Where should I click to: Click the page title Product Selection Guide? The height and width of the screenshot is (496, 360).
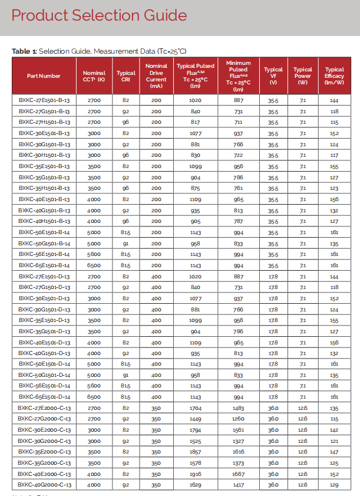click(x=101, y=16)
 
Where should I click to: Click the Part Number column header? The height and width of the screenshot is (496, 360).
click(x=44, y=75)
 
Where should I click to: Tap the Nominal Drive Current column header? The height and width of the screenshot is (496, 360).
click(x=156, y=75)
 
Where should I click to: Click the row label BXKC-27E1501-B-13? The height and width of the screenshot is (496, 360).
click(x=44, y=100)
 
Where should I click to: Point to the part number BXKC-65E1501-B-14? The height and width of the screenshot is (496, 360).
click(x=44, y=265)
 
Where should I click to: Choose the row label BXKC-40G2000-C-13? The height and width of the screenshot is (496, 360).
click(x=44, y=485)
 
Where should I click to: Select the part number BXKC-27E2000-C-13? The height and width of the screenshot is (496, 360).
click(x=44, y=408)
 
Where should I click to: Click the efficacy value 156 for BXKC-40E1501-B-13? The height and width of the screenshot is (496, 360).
click(x=334, y=199)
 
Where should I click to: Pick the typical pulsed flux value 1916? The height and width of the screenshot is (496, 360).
click(x=195, y=474)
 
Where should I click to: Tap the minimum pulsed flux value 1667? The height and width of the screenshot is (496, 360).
click(x=238, y=474)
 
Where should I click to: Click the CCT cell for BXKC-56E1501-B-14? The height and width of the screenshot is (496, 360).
click(x=94, y=254)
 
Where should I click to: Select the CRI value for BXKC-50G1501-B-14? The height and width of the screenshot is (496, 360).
click(x=125, y=244)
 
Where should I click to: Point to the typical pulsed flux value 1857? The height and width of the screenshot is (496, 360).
click(x=195, y=452)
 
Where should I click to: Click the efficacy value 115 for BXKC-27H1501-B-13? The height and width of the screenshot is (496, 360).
click(x=334, y=122)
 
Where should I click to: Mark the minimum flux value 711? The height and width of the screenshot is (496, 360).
click(x=238, y=122)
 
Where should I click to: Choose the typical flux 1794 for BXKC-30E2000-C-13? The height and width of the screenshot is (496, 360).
click(x=195, y=430)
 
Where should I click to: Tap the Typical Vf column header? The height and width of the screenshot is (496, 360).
click(x=273, y=75)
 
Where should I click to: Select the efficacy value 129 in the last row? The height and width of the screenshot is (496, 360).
click(x=334, y=485)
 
